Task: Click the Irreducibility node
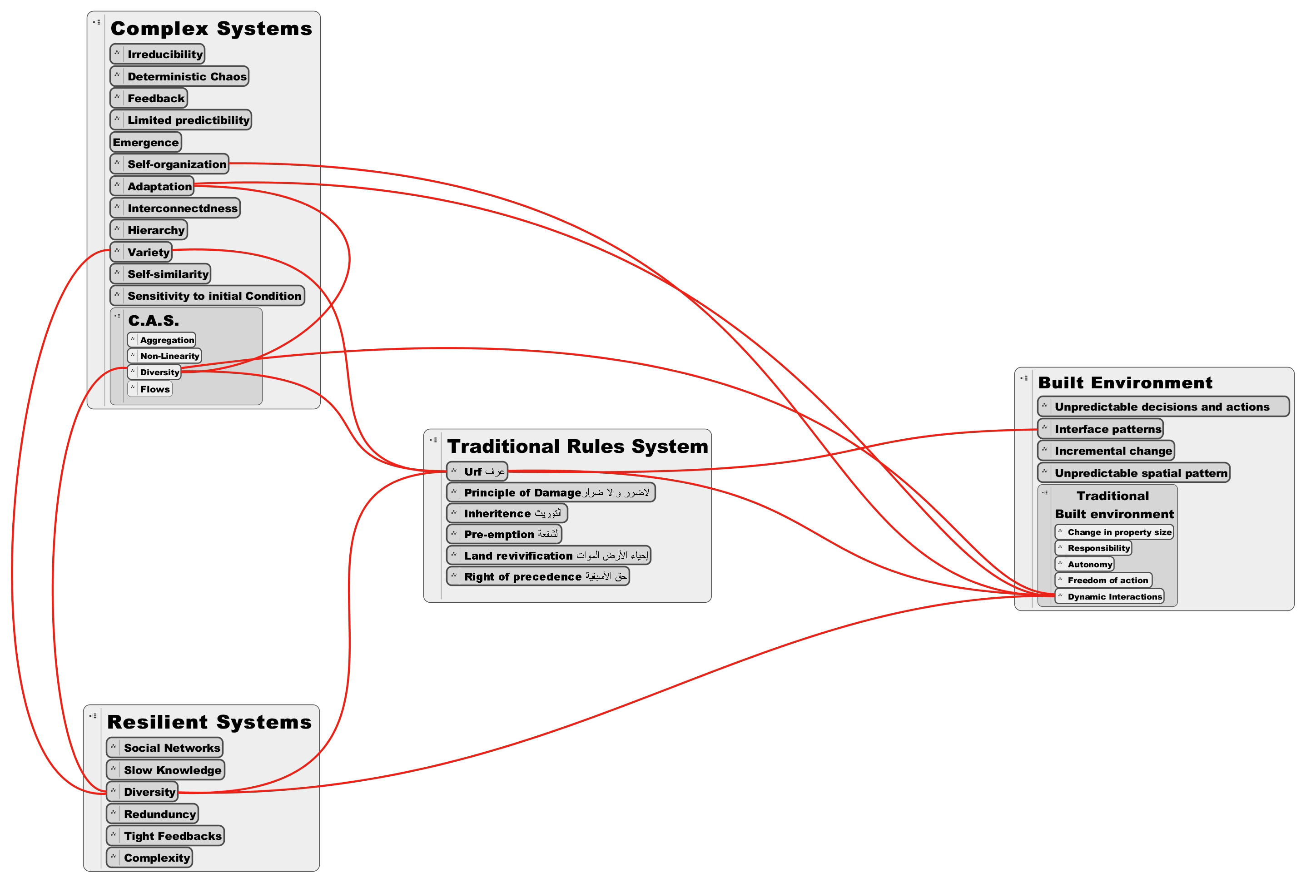point(157,54)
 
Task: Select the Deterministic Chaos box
point(179,76)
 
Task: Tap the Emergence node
point(145,142)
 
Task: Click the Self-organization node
point(169,164)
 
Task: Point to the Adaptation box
point(152,186)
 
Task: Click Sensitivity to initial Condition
point(207,296)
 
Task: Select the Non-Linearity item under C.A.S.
point(164,356)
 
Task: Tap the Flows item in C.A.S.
point(149,389)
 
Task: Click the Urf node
point(477,471)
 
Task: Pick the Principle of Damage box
point(551,492)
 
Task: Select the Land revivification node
point(548,556)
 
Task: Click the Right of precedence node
point(538,576)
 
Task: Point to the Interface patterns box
point(1100,429)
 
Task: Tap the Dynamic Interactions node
point(1109,596)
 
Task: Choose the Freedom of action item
point(1104,580)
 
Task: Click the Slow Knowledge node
point(165,770)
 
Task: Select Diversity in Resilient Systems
point(142,792)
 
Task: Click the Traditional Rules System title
point(578,446)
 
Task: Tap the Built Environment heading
point(1125,383)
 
